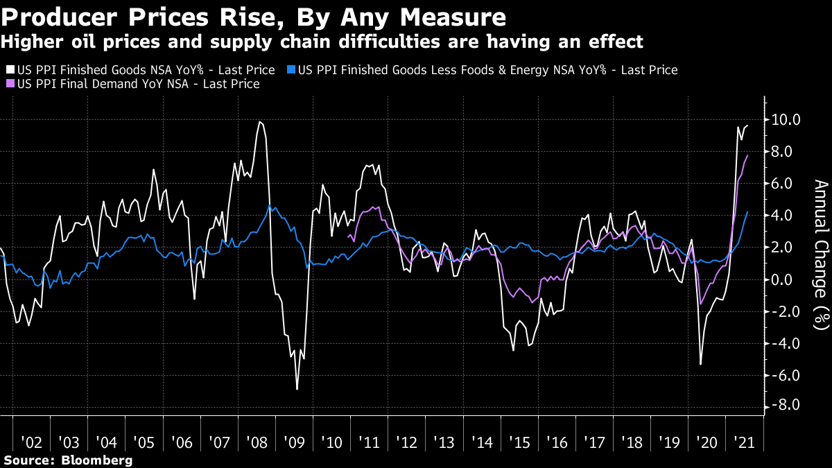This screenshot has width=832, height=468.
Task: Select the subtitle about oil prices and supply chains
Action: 322,42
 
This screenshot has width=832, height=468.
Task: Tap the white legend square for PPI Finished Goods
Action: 9,70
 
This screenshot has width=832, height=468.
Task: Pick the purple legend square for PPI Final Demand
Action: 9,84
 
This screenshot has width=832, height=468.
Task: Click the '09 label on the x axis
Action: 294,442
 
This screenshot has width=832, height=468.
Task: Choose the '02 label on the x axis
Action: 32,442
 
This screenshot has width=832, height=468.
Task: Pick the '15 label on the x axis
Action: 519,442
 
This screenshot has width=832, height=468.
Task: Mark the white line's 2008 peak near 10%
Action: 260,122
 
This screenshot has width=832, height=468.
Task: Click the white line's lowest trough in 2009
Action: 297,389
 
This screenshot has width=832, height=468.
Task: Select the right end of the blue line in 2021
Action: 747,212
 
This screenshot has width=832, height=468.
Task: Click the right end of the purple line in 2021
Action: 747,156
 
